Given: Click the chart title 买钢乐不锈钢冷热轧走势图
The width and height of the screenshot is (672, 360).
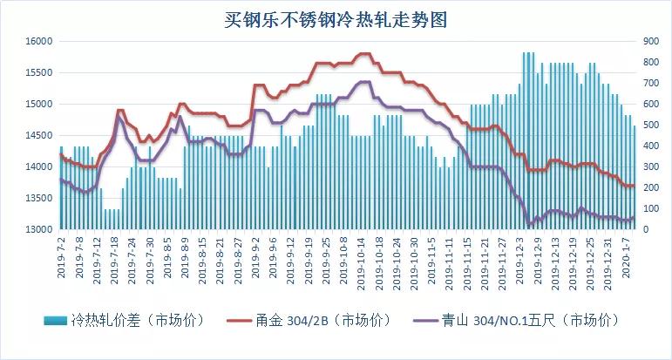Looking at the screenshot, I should click(336, 17).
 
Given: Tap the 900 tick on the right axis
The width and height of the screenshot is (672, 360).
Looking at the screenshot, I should click(651, 41).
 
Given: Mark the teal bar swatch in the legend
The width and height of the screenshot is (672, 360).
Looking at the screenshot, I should click(56, 320).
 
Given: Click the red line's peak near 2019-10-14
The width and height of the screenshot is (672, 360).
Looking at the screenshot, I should click(364, 54).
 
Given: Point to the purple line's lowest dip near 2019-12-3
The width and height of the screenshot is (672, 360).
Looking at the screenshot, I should click(528, 225).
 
